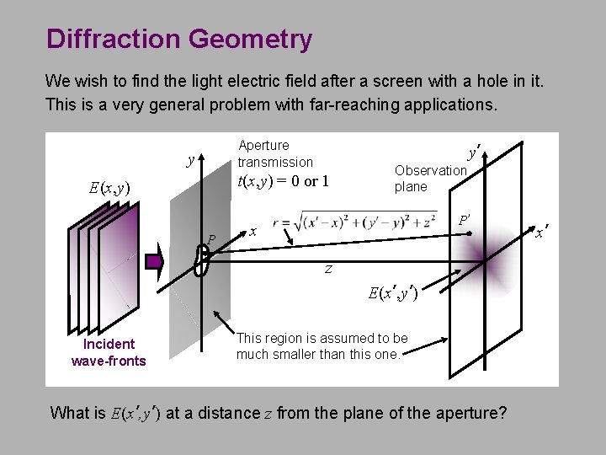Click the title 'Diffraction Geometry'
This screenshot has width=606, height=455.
(179, 39)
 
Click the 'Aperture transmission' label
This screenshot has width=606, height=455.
(274, 153)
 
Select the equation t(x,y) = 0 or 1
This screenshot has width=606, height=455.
(283, 180)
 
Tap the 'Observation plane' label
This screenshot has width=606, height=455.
(429, 178)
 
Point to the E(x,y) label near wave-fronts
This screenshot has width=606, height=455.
(109, 188)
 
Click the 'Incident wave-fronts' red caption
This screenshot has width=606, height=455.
(109, 352)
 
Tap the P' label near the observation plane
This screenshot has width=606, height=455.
(462, 220)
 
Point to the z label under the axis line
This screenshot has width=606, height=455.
(328, 270)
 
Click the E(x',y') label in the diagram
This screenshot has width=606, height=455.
(393, 293)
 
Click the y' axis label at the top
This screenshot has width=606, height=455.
(474, 153)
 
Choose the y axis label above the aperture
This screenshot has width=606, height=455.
(191, 159)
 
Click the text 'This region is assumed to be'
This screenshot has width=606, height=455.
(322, 338)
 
